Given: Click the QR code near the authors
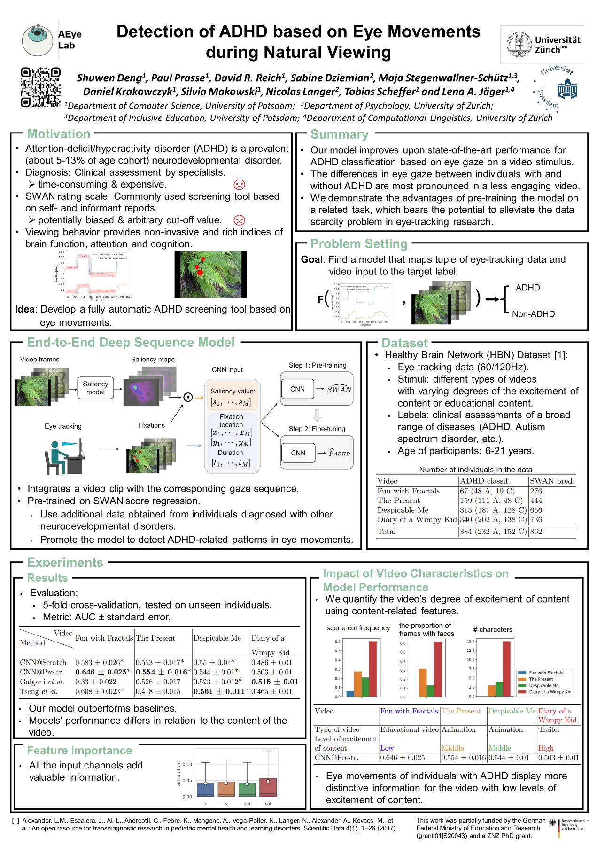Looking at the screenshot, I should point(40,87).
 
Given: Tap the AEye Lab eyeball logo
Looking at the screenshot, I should point(38,40).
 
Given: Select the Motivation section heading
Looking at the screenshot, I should point(59,134).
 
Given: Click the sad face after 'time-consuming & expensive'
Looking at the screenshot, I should point(239,185).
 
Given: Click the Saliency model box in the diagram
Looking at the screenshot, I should point(95,388).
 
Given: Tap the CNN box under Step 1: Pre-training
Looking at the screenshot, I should point(297,389).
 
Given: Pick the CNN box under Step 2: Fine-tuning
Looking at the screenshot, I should point(298,453).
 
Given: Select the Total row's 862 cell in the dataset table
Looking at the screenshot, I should point(536,532).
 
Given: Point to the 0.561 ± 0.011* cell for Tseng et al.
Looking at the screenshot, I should point(221,691).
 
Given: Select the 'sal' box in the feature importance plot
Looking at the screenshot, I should point(268,787).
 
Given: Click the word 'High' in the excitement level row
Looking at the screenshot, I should point(546,748).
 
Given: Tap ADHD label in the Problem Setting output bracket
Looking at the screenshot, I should point(527,288).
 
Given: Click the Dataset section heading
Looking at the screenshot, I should point(404,343).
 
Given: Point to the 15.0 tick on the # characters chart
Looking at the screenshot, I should point(470,641).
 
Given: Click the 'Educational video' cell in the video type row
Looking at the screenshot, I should point(409,729).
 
